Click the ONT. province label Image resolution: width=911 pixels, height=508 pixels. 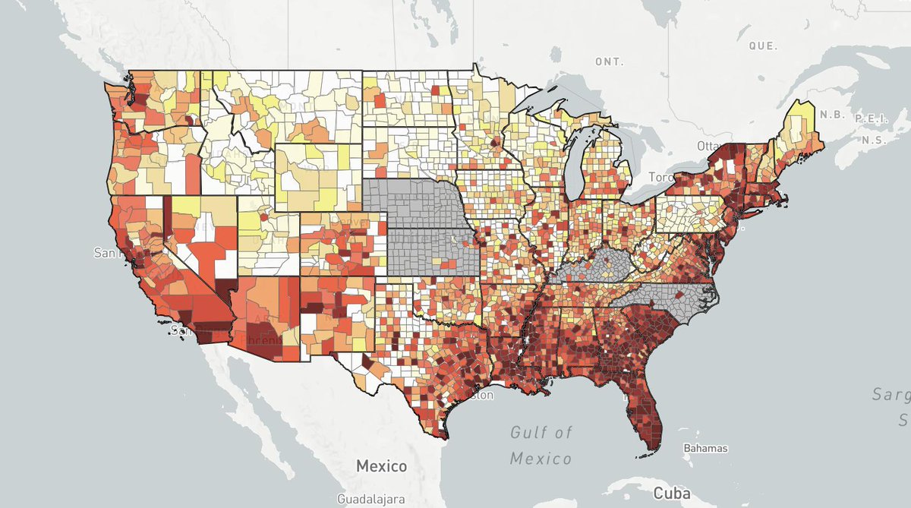609,61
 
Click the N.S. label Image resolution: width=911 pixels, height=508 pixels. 874,141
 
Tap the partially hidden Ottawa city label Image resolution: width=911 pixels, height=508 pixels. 709,145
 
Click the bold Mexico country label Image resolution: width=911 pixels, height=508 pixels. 382,465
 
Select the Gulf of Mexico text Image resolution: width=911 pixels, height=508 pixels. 541,446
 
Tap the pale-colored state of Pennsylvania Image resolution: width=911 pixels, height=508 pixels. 691,213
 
